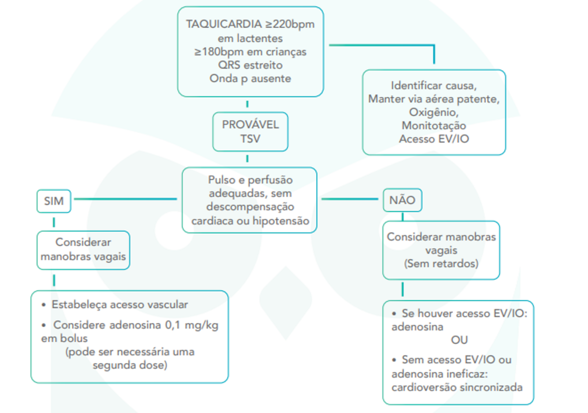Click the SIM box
[54, 201]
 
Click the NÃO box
[402, 200]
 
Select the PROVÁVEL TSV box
[250, 132]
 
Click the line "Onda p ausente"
[250, 79]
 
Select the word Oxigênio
[434, 112]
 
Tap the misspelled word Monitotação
[434, 126]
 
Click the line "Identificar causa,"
[434, 85]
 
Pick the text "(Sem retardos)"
[441, 264]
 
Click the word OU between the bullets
[459, 340]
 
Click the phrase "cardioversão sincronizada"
[457, 387]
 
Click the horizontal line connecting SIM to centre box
[126, 199]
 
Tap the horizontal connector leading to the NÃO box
[350, 199]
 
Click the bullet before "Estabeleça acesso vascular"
[44, 305]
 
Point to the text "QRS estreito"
[250, 65]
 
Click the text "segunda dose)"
[130, 365]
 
